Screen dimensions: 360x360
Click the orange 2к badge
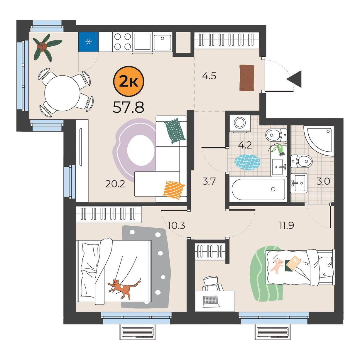(x=129, y=81)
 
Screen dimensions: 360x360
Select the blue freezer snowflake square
(x=88, y=42)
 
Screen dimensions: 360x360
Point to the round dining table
(x=62, y=93)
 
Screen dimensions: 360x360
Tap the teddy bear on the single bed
(x=277, y=266)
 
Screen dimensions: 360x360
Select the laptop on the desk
(x=211, y=302)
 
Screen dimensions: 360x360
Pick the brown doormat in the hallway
(x=247, y=78)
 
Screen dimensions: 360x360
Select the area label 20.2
(x=115, y=184)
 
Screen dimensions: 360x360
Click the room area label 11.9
(x=286, y=226)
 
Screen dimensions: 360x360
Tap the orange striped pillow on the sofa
(x=174, y=190)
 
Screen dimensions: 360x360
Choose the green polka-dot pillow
(x=175, y=131)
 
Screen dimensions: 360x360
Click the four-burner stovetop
(x=123, y=42)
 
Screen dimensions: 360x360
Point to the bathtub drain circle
(x=273, y=190)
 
